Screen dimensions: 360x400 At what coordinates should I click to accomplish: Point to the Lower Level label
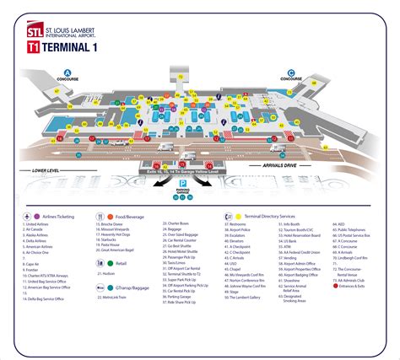coord(45,170)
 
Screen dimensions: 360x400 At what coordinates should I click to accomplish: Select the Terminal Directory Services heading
coord(270,217)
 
